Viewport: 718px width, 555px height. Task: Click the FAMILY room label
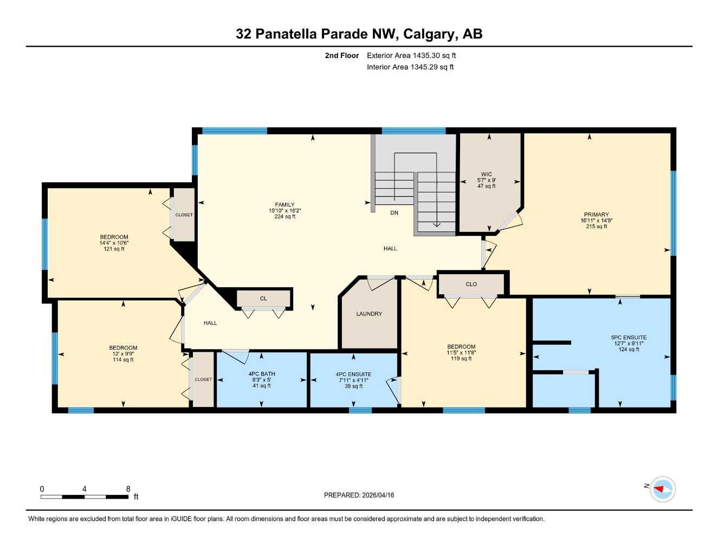[284, 205]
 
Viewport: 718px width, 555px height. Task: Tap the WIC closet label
[486, 175]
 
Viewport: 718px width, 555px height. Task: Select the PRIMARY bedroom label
[596, 215]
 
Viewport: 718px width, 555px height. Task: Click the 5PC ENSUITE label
[629, 337]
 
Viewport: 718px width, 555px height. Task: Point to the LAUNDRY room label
[369, 314]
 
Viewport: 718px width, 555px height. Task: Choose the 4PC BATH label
[262, 374]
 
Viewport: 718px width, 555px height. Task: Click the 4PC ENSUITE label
[353, 374]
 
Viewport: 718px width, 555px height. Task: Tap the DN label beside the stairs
[394, 213]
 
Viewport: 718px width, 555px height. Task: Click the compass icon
[662, 489]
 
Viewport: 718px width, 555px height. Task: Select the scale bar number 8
[128, 489]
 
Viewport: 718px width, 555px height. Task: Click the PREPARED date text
[359, 495]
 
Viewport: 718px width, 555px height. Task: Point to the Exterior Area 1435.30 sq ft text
[411, 55]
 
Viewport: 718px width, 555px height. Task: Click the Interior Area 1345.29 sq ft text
[410, 67]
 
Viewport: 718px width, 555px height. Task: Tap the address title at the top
[359, 34]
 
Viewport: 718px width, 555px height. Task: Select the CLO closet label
[471, 284]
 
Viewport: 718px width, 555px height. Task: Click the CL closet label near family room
[263, 299]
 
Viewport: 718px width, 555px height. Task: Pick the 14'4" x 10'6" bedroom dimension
[114, 243]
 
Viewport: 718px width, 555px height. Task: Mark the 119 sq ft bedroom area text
[461, 358]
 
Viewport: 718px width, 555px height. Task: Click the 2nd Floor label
[342, 55]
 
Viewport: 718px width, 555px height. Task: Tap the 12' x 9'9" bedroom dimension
[123, 354]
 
